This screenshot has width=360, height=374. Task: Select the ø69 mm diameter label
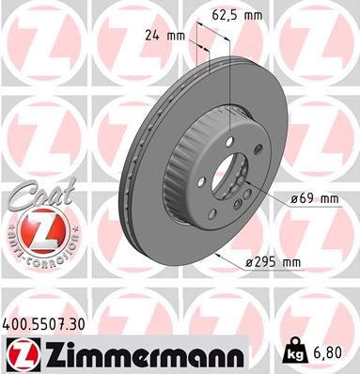311,198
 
